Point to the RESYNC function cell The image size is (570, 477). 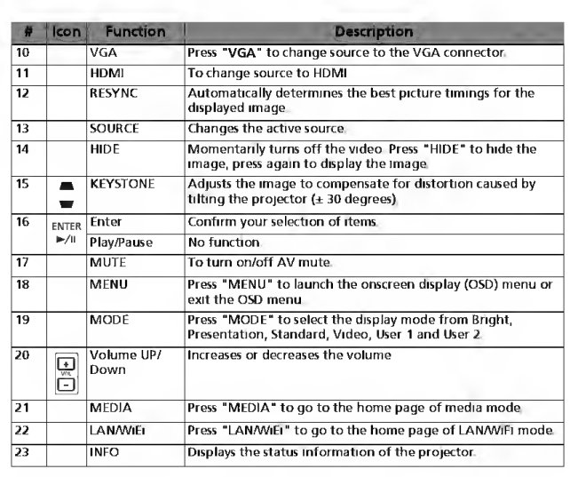tap(110, 91)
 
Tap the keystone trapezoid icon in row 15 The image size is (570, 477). tap(65, 190)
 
